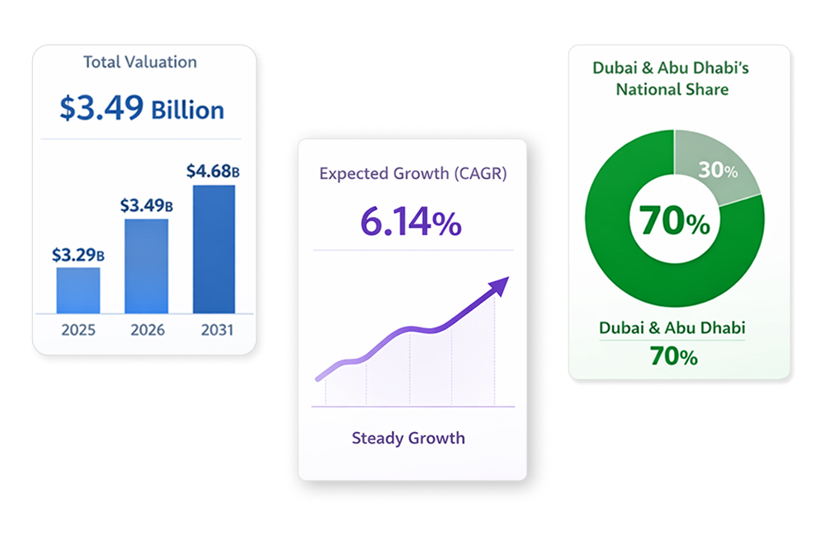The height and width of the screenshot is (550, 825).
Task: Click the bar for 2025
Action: click(78, 290)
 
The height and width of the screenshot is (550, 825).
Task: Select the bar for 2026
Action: click(146, 266)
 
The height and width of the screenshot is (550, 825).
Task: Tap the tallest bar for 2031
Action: click(214, 249)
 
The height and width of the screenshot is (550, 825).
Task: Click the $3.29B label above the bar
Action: click(78, 255)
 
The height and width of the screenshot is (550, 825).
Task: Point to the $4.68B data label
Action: click(213, 172)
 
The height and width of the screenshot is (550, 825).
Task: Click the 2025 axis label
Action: click(78, 330)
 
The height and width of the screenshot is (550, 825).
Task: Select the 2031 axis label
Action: click(216, 330)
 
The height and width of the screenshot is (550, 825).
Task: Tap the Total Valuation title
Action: click(140, 62)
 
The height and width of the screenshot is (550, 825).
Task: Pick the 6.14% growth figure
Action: click(411, 222)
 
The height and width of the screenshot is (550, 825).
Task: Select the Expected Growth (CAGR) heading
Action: click(412, 174)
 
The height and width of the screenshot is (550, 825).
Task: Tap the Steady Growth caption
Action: click(408, 438)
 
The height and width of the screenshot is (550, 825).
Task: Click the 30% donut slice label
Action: click(717, 171)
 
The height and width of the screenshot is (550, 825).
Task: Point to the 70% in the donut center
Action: click(674, 222)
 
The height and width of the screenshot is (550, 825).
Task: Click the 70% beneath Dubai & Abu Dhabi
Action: click(673, 356)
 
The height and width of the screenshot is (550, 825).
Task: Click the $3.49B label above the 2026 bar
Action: click(146, 205)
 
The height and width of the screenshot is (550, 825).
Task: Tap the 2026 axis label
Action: click(148, 330)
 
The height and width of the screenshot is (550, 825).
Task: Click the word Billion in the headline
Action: click(187, 110)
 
